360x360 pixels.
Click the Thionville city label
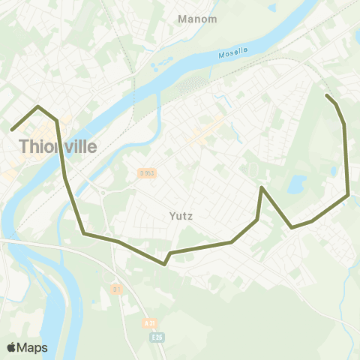pyautogui.click(x=58, y=146)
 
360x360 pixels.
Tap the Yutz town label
pyautogui.click(x=181, y=217)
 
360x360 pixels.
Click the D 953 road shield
pyautogui.click(x=146, y=173)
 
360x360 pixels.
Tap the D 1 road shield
pyautogui.click(x=116, y=289)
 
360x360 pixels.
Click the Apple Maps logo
pyautogui.click(x=27, y=347)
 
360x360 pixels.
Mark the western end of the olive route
pyautogui.click(x=12, y=130)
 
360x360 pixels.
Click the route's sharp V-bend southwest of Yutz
pyautogui.click(x=165, y=264)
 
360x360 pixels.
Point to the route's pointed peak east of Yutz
pyautogui.click(x=261, y=187)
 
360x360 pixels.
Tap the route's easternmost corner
pyautogui.click(x=349, y=195)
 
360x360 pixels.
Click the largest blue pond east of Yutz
pyautogui.click(x=297, y=183)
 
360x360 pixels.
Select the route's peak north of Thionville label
pyautogui.click(x=38, y=106)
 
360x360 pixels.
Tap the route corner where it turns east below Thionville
pyautogui.click(x=84, y=233)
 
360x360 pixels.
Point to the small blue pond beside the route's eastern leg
pyautogui.click(x=333, y=171)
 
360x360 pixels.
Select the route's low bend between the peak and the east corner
pyautogui.click(x=292, y=226)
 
